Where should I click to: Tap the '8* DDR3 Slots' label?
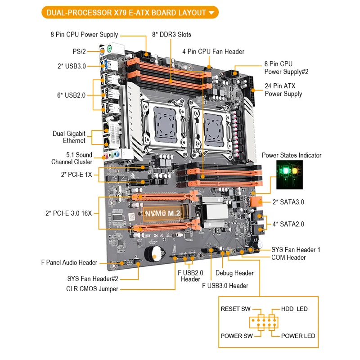[x=171, y=35]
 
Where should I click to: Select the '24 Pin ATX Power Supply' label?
[x=283, y=90]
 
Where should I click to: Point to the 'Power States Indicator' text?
[x=292, y=155]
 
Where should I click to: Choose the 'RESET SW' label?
[x=235, y=309]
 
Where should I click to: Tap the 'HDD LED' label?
[x=294, y=309]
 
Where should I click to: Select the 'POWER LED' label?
[x=298, y=336]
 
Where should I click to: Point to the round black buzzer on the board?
[x=154, y=254]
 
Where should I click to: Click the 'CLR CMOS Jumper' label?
[x=92, y=288]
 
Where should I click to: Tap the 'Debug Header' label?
[x=234, y=273]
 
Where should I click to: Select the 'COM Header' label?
[x=288, y=257]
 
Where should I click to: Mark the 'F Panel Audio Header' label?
[x=69, y=262]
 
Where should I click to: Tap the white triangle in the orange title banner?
[x=212, y=13]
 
